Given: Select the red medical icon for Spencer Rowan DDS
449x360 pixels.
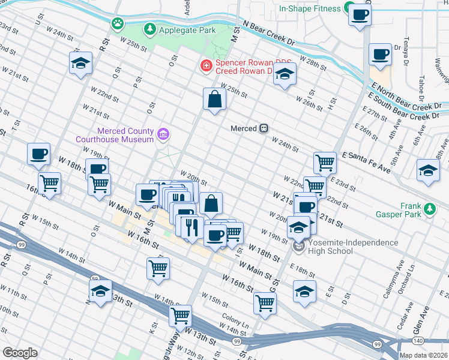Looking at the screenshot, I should [206, 65].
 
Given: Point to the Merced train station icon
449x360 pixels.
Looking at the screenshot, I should [263, 128].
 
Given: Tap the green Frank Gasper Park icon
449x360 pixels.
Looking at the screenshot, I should [429, 209].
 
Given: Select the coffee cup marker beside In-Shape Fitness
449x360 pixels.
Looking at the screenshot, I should [360, 15].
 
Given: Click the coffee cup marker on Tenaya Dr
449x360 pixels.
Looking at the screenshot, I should [380, 55].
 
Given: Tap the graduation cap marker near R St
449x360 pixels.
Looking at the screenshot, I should [80, 64].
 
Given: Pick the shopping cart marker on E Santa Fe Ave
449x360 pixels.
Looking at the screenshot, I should [325, 161].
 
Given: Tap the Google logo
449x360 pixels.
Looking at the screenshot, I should [20, 353].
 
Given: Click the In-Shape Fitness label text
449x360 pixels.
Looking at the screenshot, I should [310, 8].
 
